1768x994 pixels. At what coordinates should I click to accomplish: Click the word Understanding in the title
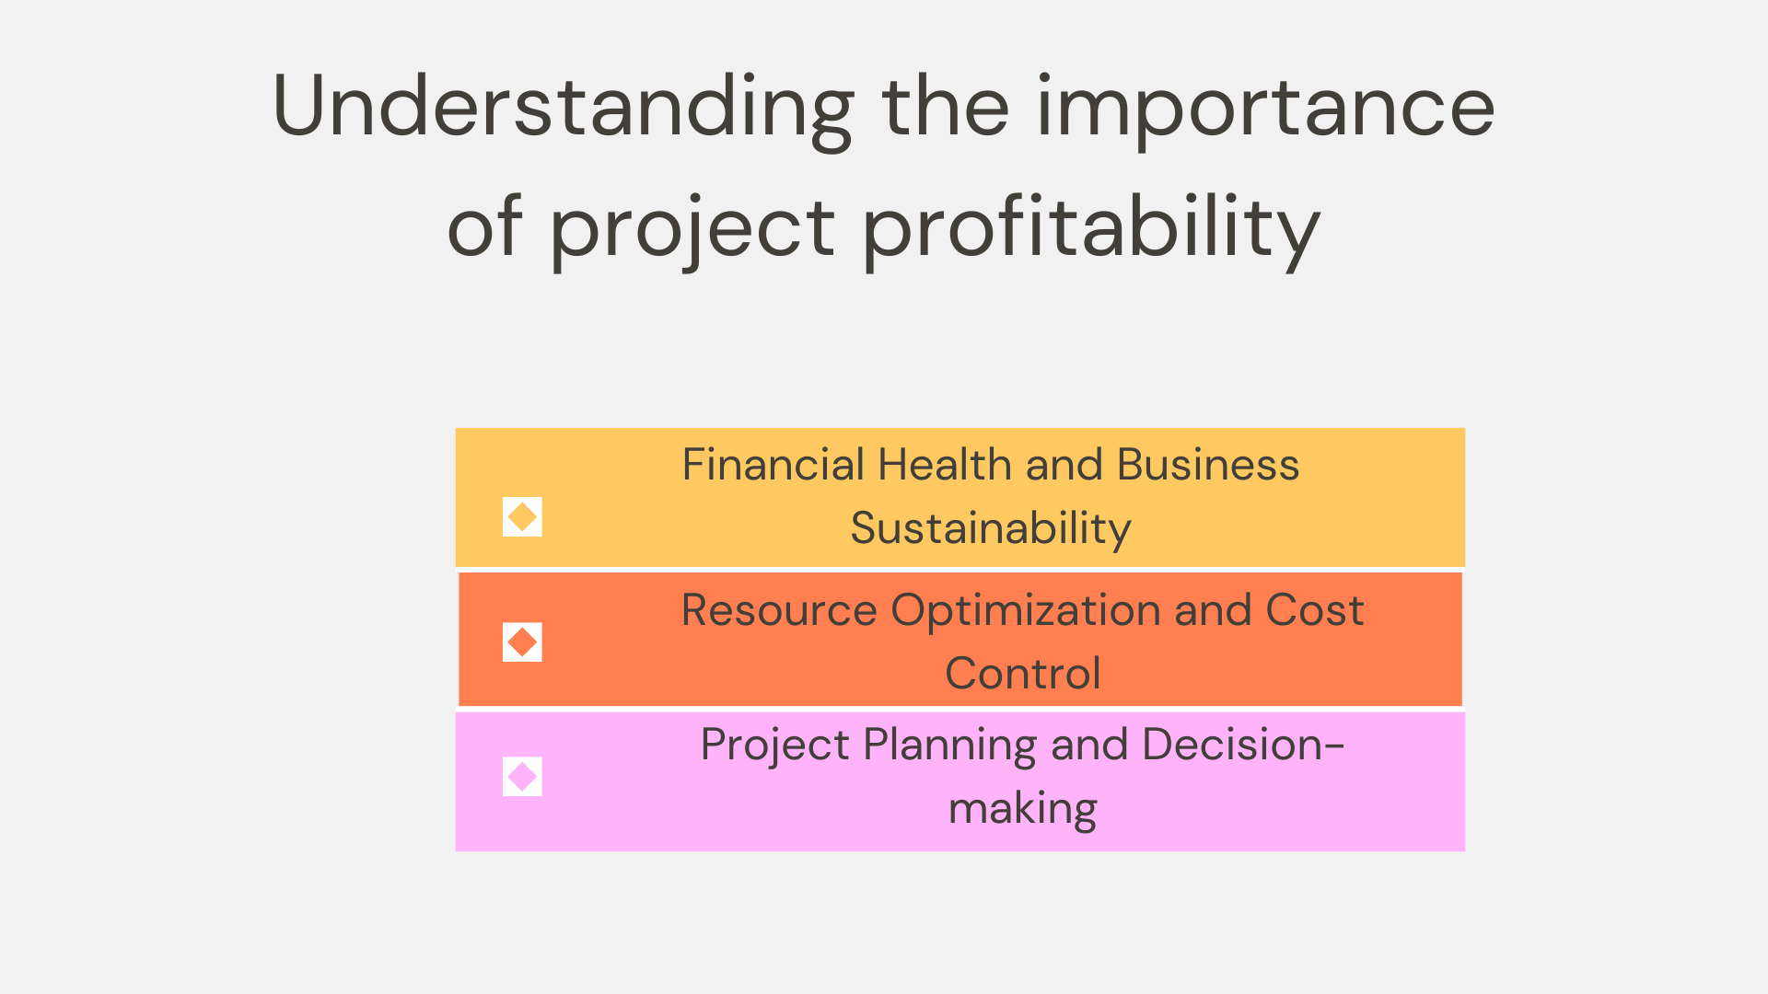[563, 109]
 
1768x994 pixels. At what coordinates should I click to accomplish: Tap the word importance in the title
[1265, 109]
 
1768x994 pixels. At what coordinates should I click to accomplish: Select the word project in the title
[692, 228]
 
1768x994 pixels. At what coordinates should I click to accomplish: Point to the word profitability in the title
[1091, 228]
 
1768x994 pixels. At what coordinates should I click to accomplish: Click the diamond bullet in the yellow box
[522, 517]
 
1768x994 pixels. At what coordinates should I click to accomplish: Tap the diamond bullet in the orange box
[522, 642]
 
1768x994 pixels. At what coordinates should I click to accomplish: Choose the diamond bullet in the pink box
[522, 777]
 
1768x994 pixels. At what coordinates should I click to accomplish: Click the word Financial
[773, 465]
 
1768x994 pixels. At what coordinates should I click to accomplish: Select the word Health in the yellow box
[944, 465]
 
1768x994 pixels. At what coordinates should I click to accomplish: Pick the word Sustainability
[990, 528]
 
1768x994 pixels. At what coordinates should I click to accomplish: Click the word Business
[1207, 465]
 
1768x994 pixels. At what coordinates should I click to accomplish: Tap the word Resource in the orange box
[779, 610]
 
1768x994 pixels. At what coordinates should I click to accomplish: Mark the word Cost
[1314, 610]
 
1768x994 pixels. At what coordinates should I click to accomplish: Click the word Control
[1022, 674]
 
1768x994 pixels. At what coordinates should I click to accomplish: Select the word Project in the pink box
[774, 745]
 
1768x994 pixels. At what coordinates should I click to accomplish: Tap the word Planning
[949, 745]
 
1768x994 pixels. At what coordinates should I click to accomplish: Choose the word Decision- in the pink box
[1242, 745]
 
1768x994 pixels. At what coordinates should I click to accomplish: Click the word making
[1022, 809]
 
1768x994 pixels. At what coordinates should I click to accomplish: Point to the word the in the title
[945, 109]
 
